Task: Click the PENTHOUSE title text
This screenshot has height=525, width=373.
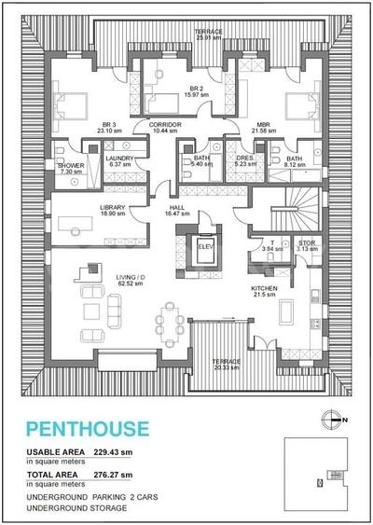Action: [87, 429]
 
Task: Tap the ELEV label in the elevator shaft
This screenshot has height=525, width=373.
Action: [206, 245]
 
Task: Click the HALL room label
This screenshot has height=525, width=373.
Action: [176, 210]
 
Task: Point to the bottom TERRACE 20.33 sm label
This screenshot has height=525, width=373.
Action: [226, 364]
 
